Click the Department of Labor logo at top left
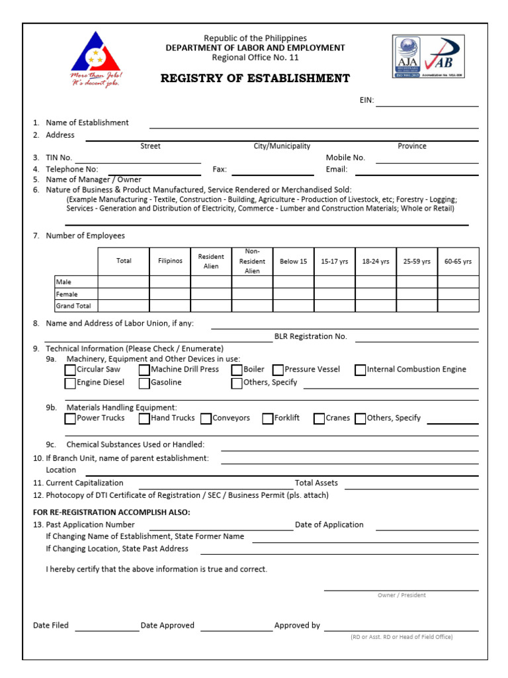pos(97,60)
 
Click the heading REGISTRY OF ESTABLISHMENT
pos(255,79)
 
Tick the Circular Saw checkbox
pos(70,370)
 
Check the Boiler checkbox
pos(237,370)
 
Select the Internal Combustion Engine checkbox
pos(360,370)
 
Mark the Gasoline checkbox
pos(144,383)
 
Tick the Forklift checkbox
pos(268,419)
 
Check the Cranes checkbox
pos(319,419)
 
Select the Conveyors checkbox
pos(206,419)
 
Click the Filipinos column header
pos(170,262)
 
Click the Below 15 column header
pos(293,262)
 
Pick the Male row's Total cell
pos(124,282)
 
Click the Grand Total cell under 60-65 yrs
pos(458,306)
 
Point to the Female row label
pos(67,294)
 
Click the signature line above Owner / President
pos(401,587)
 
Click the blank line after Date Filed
pos(106,628)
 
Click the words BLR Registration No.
pos(310,336)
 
